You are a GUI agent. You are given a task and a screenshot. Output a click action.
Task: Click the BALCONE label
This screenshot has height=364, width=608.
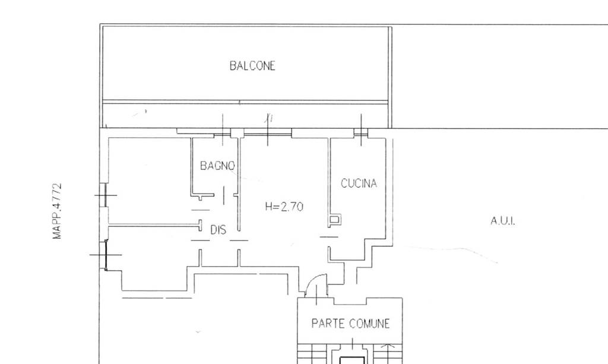pyautogui.click(x=252, y=65)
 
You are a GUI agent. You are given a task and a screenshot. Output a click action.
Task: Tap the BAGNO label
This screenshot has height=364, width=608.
pyautogui.click(x=217, y=166)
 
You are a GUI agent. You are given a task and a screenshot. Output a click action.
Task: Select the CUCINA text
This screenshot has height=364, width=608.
pyautogui.click(x=359, y=183)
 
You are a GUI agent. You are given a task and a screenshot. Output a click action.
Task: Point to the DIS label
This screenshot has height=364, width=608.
pyautogui.click(x=218, y=230)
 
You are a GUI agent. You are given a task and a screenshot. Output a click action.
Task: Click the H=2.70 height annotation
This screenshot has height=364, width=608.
pyautogui.click(x=284, y=206)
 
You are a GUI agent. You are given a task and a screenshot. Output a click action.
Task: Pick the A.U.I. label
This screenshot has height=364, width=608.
pyautogui.click(x=503, y=221)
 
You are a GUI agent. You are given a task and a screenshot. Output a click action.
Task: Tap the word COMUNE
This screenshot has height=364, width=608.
pyautogui.click(x=369, y=323)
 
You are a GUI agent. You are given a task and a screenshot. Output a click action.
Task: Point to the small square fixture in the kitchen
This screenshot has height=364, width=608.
pyautogui.click(x=335, y=220)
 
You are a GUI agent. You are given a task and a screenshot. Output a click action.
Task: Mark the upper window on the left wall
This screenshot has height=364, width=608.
pyautogui.click(x=103, y=195)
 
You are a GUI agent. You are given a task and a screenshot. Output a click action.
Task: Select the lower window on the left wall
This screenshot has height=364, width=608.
pyautogui.click(x=105, y=255)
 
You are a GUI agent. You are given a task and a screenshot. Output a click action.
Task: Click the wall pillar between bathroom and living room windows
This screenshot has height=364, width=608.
pyautogui.click(x=237, y=133)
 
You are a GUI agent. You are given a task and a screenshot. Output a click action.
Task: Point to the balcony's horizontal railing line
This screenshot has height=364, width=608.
pyautogui.click(x=245, y=102)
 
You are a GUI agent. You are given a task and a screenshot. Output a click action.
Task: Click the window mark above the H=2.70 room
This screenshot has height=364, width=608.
pyautogui.click(x=268, y=132)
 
